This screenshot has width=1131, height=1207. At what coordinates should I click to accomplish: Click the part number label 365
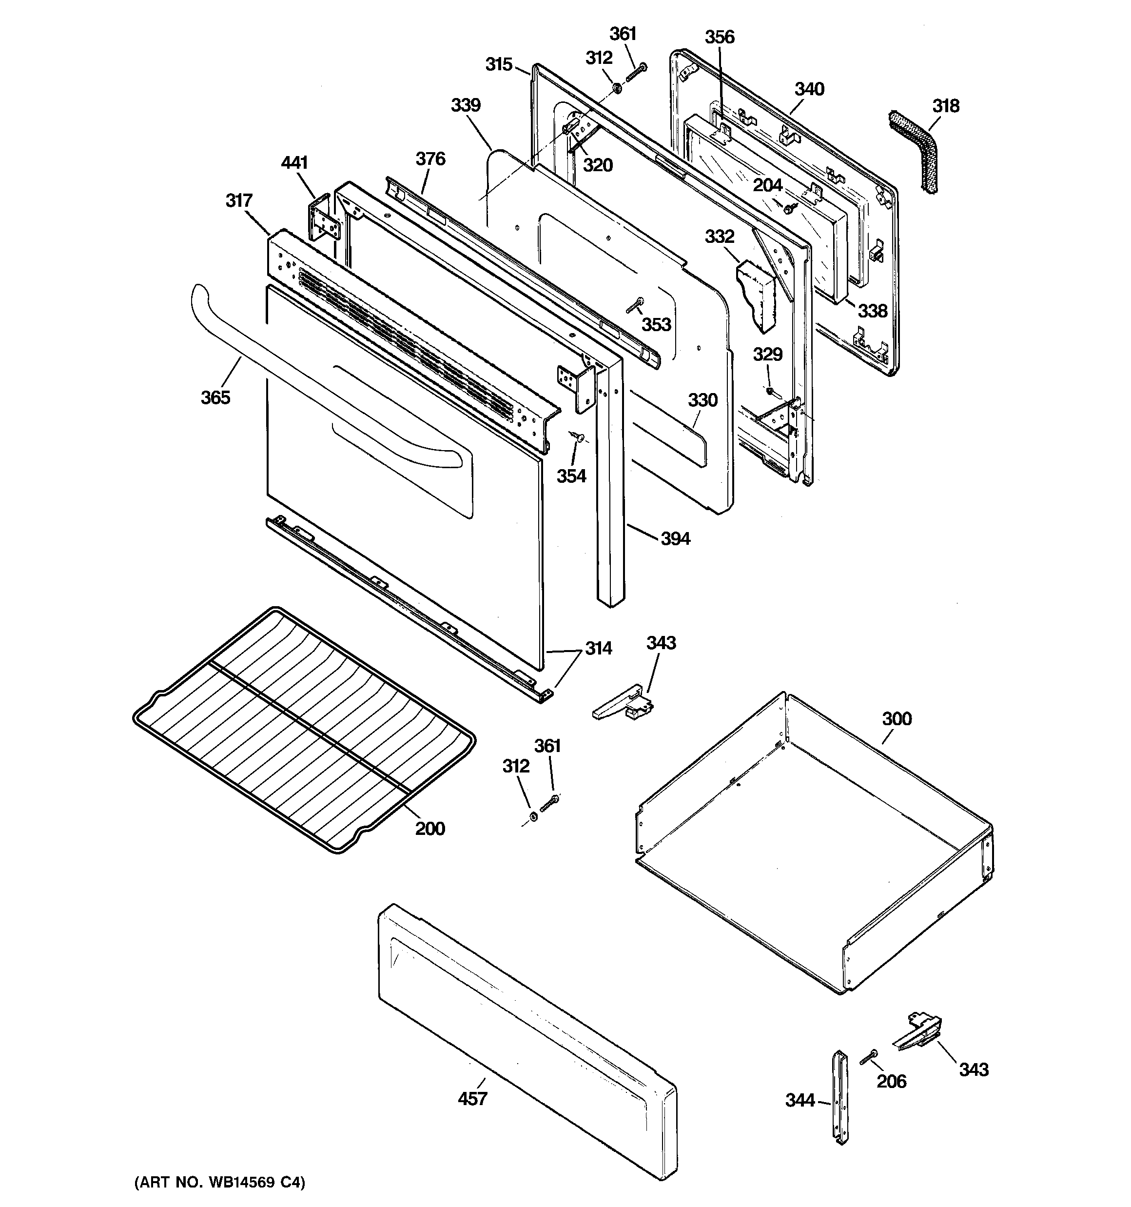pos(215,397)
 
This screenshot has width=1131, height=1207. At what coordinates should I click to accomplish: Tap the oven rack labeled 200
pos(304,729)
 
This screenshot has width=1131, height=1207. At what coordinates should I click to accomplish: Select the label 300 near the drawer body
pos(897,719)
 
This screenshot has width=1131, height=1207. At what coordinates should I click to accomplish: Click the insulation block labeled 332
pos(757,294)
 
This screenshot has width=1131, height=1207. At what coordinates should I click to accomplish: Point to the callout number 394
pos(675,538)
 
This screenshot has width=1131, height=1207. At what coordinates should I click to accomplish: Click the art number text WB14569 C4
pos(220,1182)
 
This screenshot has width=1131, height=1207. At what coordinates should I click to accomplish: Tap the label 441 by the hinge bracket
pos(294,163)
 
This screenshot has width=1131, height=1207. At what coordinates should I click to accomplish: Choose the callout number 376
pos(430,159)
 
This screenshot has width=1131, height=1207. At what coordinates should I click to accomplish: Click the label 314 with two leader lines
pos(598,649)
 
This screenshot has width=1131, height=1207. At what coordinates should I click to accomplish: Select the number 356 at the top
pos(720,37)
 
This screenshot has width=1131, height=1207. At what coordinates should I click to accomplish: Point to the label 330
pos(702,400)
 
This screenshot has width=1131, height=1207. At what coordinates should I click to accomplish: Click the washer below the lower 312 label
pos(533,816)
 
